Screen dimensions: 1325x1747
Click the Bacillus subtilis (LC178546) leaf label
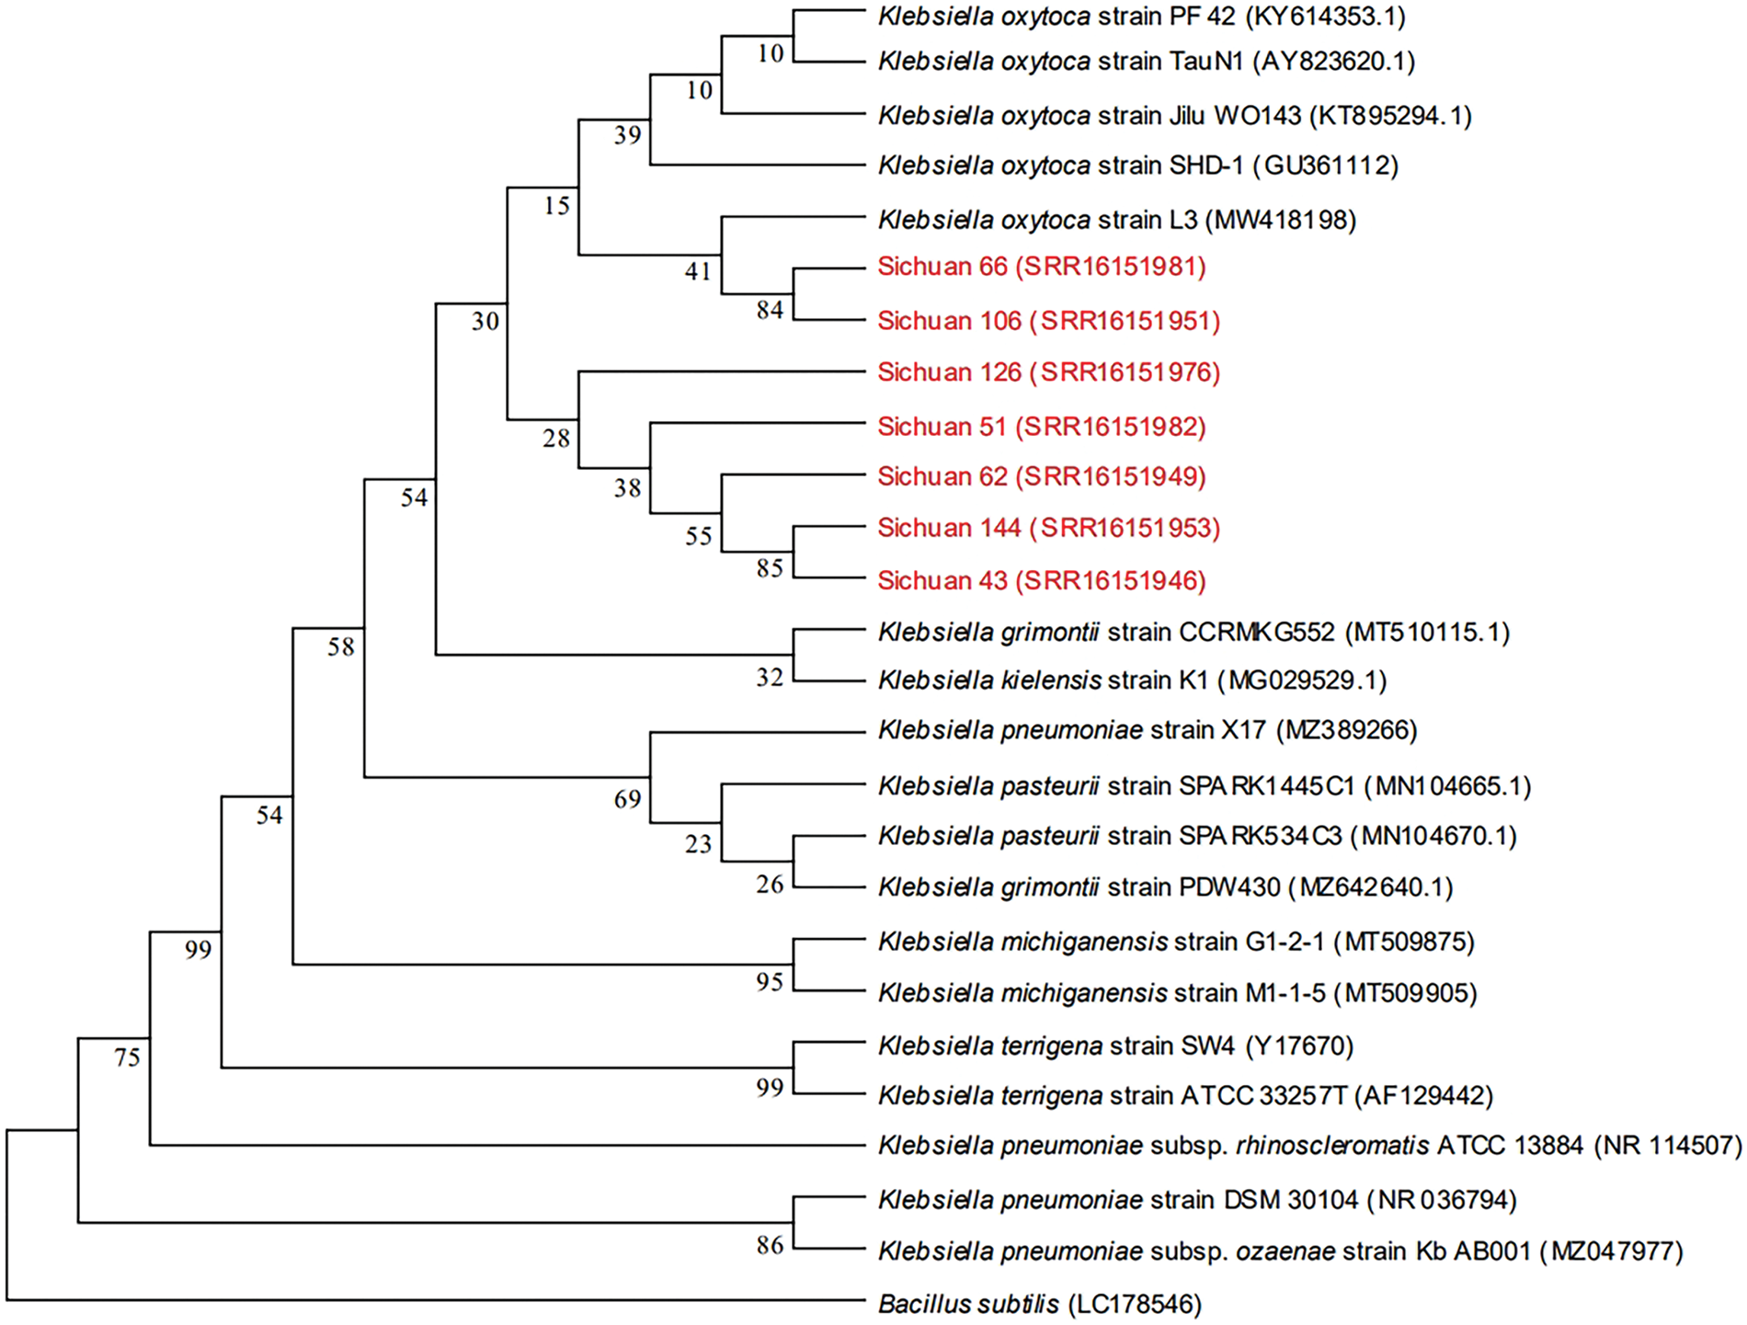pyautogui.click(x=1039, y=1304)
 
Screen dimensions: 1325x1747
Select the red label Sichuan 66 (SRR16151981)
pyautogui.click(x=1041, y=267)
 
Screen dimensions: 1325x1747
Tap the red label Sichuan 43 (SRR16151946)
pyautogui.click(x=1041, y=580)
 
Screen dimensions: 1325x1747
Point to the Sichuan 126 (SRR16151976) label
pyautogui.click(x=1048, y=372)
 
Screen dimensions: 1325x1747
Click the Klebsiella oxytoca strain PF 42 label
pyautogui.click(x=1141, y=17)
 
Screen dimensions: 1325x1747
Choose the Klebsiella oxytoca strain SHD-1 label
pyautogui.click(x=1137, y=166)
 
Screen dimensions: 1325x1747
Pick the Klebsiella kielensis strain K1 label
pyautogui.click(x=1132, y=680)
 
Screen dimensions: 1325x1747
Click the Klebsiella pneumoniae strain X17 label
pyautogui.click(x=1148, y=730)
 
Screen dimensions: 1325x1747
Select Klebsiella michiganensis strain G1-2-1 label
pyautogui.click(x=1176, y=942)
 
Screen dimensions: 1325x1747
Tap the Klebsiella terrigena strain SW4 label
pyautogui.click(x=1115, y=1045)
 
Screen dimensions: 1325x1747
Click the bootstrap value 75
pyautogui.click(x=127, y=1057)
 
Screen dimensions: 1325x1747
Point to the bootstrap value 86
pyautogui.click(x=770, y=1245)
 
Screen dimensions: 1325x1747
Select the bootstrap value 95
pyautogui.click(x=770, y=982)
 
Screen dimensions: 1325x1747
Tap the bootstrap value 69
pyautogui.click(x=627, y=799)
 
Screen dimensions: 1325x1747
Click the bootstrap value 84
pyautogui.click(x=770, y=310)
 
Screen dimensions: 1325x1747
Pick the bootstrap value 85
pyautogui.click(x=770, y=568)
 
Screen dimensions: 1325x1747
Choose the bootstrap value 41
pyautogui.click(x=698, y=270)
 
